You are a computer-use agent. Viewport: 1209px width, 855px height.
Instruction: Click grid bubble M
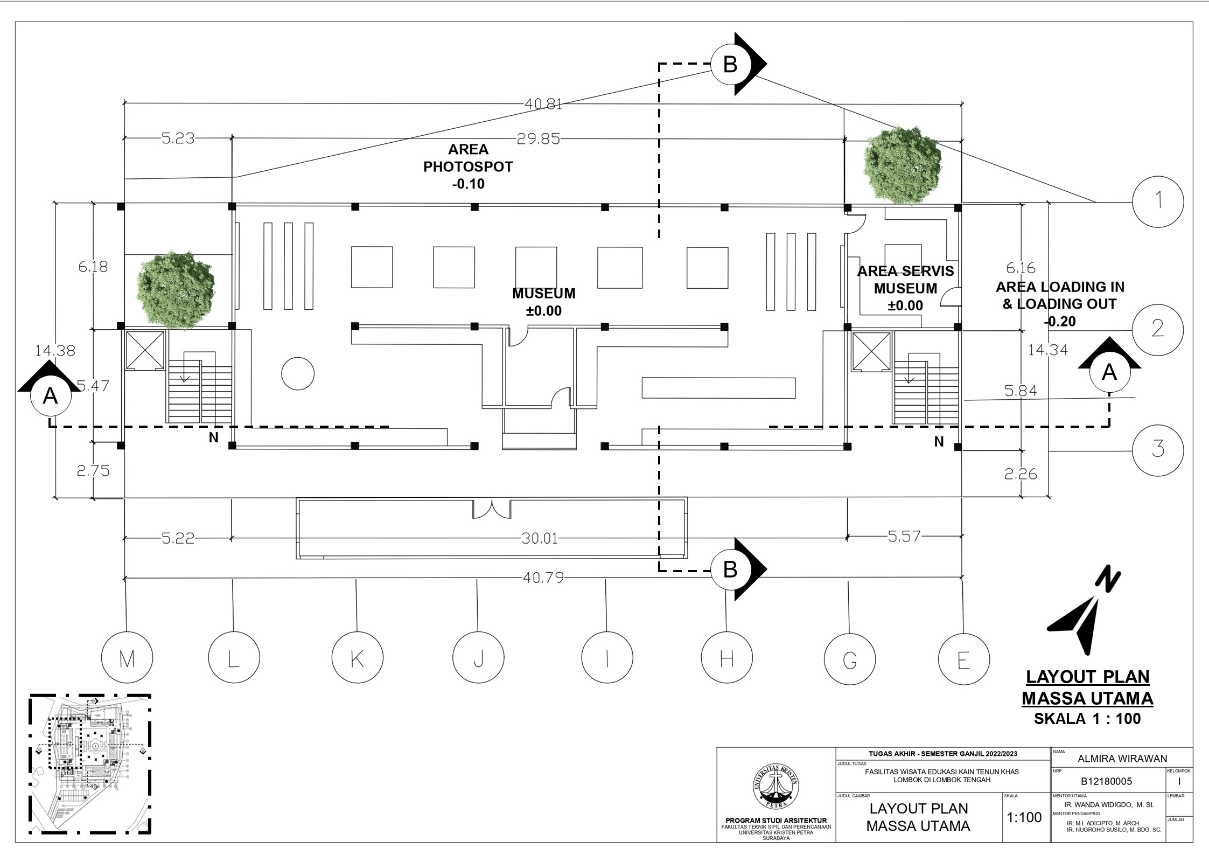coord(127,658)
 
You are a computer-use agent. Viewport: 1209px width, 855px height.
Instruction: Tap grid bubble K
coord(357,658)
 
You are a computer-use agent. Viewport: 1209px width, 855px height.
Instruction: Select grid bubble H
coord(726,658)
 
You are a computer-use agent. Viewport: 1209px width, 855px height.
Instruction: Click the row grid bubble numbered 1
coord(1158,202)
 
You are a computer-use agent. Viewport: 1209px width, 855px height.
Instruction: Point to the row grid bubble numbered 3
coord(1158,449)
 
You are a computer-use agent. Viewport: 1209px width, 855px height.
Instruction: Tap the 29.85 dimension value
coord(538,140)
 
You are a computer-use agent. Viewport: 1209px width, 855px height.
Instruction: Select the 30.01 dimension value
coord(540,538)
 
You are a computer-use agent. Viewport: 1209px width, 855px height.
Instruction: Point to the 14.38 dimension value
coord(55,351)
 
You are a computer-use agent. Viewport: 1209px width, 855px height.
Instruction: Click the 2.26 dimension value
coord(1021,474)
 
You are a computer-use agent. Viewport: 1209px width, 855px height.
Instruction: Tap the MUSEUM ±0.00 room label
coord(543,302)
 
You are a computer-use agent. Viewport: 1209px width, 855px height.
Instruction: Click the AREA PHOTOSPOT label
coord(468,166)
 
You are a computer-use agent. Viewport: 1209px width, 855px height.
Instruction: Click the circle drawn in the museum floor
coord(298,373)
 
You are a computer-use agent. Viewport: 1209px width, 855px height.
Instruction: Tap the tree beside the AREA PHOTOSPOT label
coord(903,165)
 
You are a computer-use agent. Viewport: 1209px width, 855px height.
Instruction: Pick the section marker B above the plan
coord(730,65)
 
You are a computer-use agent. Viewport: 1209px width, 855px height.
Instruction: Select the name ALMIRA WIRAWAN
coord(1122,759)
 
